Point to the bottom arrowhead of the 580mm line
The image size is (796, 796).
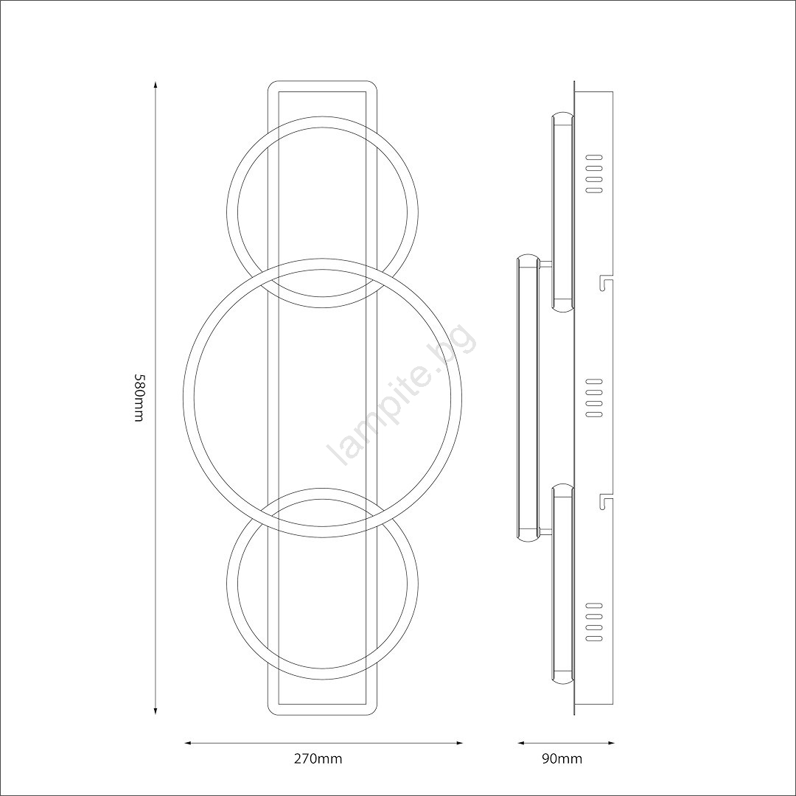[x=156, y=712]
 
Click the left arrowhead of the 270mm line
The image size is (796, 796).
[x=187, y=744]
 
